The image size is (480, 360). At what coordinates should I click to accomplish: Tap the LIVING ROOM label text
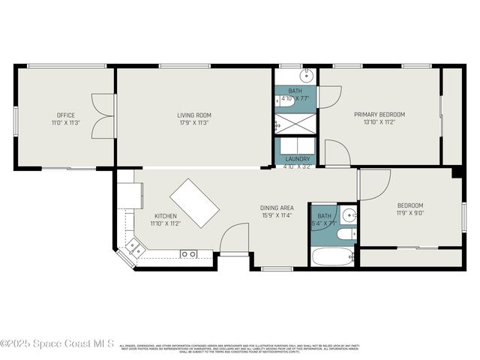point(193,115)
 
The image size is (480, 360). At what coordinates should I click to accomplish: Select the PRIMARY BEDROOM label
point(379,115)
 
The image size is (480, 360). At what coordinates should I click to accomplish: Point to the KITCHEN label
point(165,216)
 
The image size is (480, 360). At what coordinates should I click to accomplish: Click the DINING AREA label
point(277,208)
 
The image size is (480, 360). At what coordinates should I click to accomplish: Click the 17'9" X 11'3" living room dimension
point(193,123)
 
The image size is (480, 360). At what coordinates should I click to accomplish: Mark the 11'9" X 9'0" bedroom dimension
point(409,214)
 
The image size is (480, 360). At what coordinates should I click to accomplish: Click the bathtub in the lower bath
point(332,257)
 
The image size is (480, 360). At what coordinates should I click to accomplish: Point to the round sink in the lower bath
point(348,216)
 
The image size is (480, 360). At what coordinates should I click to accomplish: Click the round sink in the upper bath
point(307,76)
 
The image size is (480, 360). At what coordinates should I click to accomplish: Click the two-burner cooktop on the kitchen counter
point(188,254)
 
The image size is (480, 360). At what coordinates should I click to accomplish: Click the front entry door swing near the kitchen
point(234,238)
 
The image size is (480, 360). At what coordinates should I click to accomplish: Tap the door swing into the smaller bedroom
point(373,184)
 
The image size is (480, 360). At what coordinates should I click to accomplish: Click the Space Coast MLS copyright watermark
point(57,343)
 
